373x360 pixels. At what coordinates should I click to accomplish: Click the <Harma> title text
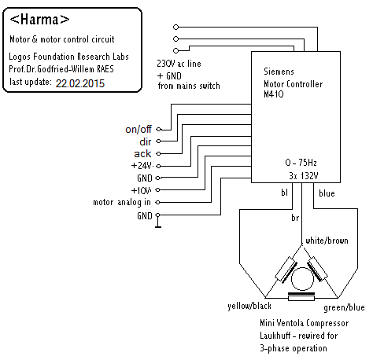click(x=39, y=20)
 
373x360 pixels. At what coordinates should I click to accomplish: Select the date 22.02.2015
click(x=80, y=83)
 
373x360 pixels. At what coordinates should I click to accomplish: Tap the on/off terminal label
click(x=138, y=129)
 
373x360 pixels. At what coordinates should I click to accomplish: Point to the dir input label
click(x=146, y=141)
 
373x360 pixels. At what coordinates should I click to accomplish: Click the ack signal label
click(x=142, y=153)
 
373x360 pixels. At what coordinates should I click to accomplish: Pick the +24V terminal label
click(x=142, y=166)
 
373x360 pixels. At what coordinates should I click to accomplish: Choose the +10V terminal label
click(x=141, y=190)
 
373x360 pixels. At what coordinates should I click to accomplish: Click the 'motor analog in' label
click(x=122, y=202)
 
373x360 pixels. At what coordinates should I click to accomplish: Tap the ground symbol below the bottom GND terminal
click(x=158, y=222)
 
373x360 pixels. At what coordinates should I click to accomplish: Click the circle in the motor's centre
click(x=302, y=279)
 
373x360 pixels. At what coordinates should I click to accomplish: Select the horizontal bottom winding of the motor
click(x=301, y=296)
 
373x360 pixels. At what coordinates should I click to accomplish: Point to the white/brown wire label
click(x=327, y=241)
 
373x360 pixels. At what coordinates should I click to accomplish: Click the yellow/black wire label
click(x=249, y=306)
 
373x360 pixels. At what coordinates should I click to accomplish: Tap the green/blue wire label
click(x=344, y=307)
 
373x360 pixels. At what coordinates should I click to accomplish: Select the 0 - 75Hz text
click(x=301, y=163)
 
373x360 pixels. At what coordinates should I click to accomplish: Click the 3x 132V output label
click(x=304, y=175)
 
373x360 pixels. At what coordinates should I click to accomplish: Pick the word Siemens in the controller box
click(x=279, y=72)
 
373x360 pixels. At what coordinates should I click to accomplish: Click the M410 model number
click(x=274, y=94)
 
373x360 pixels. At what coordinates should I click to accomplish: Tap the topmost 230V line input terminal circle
click(x=175, y=27)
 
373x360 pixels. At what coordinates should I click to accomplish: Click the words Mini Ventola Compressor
click(x=305, y=323)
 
